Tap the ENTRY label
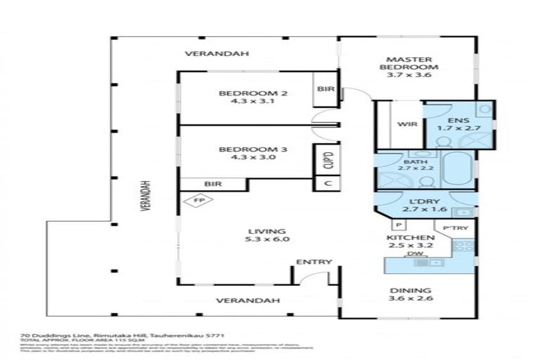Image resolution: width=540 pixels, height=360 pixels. click(314, 262)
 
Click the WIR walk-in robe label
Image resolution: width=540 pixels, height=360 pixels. click(409, 124)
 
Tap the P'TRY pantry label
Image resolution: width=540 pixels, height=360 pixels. click(451, 229)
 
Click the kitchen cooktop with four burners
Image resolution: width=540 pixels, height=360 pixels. click(463, 245)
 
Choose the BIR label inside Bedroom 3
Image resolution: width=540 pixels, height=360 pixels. click(213, 184)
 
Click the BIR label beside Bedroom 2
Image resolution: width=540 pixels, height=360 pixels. click(325, 89)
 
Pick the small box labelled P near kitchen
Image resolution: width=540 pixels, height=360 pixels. click(397, 225)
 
